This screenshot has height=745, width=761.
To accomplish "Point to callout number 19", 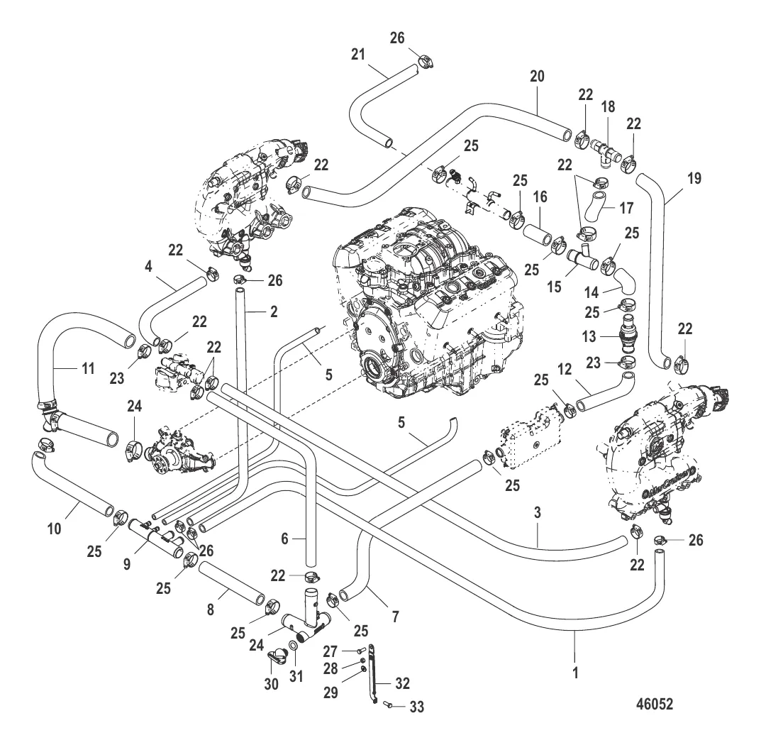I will click(x=694, y=178).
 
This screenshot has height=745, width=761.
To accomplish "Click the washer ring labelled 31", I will click(x=293, y=649).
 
